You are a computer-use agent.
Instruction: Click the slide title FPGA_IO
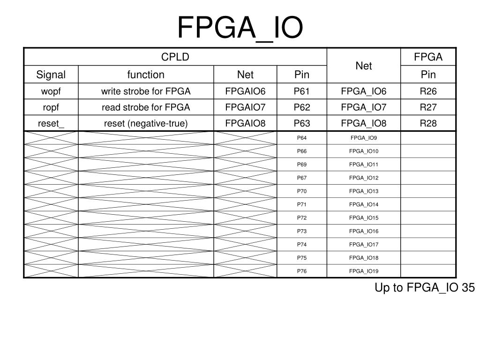coord(240,27)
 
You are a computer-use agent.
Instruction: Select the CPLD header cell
coord(175,57)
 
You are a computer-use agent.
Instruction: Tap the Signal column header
coord(51,75)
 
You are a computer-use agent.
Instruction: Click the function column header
coord(146,75)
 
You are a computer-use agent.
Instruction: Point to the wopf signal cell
coord(51,91)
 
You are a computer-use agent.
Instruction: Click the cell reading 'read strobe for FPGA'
coord(146,107)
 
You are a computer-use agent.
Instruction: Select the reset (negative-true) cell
coord(146,123)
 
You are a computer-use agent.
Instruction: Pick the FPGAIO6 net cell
coord(245,91)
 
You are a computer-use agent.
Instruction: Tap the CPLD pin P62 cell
coord(302,107)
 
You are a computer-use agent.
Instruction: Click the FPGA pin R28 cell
coord(428,123)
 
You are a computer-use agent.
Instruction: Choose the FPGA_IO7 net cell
coord(364,107)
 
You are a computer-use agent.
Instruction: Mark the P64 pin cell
coord(302,138)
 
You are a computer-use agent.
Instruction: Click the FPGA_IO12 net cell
coord(364,178)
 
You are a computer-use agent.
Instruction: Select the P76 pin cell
coord(302,271)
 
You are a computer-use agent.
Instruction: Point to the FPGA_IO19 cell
coord(364,271)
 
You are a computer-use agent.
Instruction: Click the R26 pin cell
coord(428,91)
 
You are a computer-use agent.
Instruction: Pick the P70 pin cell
coord(302,191)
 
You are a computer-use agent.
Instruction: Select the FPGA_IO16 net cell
coord(364,231)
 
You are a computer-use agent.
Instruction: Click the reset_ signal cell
coord(51,123)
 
